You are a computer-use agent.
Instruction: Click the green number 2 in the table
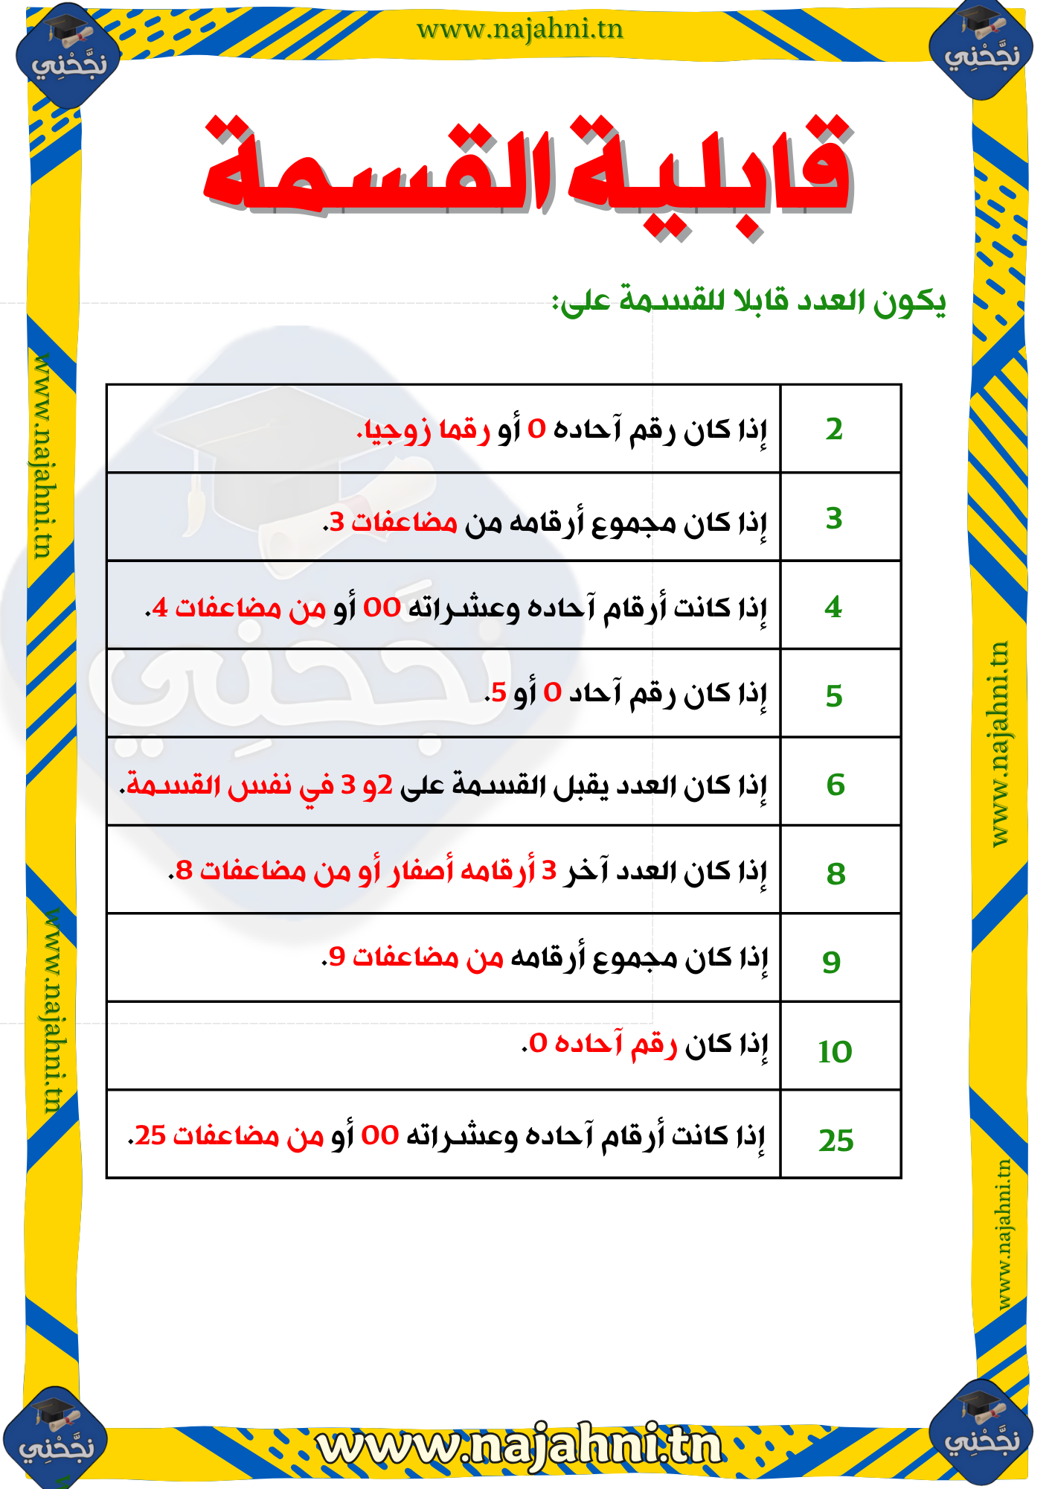click(834, 430)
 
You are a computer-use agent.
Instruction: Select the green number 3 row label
click(834, 518)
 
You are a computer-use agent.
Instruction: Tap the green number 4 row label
click(833, 608)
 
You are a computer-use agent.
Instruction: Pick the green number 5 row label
click(834, 696)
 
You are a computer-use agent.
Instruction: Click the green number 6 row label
click(835, 785)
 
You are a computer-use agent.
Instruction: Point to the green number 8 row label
click(836, 873)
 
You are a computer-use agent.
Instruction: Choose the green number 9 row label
click(832, 962)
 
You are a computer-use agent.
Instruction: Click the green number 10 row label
click(835, 1051)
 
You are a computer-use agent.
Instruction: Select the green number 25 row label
click(836, 1140)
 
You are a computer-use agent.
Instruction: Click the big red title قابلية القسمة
click(528, 171)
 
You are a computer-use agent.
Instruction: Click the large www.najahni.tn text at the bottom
click(519, 1444)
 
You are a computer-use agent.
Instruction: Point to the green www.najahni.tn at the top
click(519, 30)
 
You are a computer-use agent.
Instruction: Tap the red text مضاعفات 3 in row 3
click(394, 522)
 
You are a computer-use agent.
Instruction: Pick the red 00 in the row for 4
click(382, 608)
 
